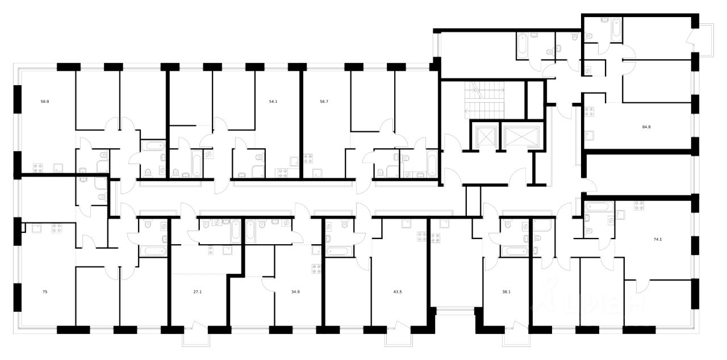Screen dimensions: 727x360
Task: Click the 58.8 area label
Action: (44, 102)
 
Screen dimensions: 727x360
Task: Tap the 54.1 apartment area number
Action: (274, 102)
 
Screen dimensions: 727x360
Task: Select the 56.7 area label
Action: (325, 102)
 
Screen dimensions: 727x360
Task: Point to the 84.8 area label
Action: (645, 127)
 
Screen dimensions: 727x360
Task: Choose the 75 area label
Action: (45, 292)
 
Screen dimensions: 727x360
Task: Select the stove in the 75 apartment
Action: (56, 228)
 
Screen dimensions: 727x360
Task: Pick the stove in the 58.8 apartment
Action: (39, 168)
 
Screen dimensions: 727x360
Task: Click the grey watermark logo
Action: (591, 301)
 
